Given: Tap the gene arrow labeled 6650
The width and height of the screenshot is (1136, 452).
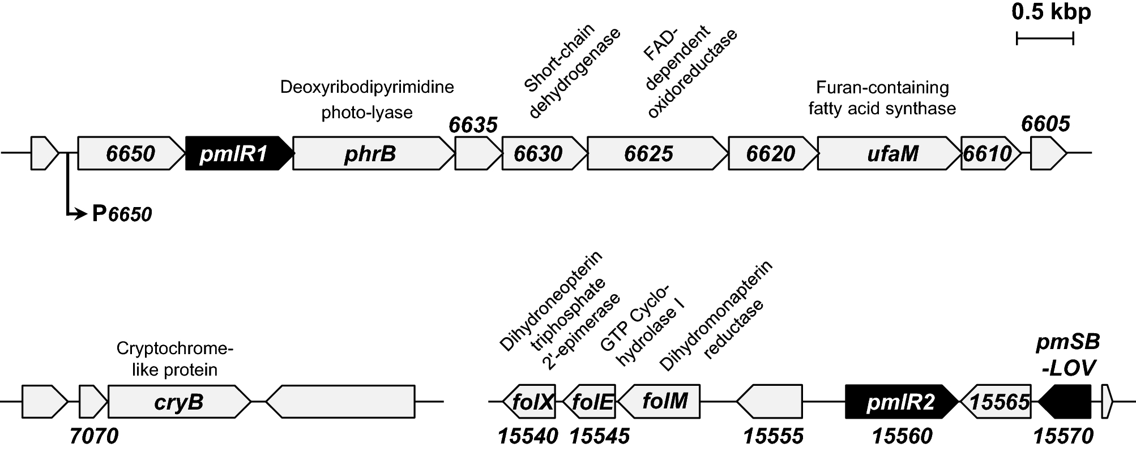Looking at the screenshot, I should pyautogui.click(x=131, y=153).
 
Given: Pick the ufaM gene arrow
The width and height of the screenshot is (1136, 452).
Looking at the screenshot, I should pyautogui.click(x=890, y=153).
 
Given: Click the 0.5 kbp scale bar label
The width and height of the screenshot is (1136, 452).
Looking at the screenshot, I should pyautogui.click(x=1051, y=12).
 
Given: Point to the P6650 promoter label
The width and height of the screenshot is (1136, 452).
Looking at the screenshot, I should pyautogui.click(x=121, y=214).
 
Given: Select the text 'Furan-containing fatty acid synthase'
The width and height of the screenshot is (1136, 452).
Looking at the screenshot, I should pyautogui.click(x=882, y=98).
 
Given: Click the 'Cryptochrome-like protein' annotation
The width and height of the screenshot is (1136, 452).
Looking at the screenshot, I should pyautogui.click(x=174, y=359).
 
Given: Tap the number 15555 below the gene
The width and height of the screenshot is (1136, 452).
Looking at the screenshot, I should pyautogui.click(x=773, y=436).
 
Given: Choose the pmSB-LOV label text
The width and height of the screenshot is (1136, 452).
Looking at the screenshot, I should pyautogui.click(x=1068, y=355).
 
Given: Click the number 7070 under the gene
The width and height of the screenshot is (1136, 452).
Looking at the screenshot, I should pyautogui.click(x=94, y=436).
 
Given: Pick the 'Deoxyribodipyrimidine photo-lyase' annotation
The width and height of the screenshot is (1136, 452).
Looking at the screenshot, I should pyautogui.click(x=367, y=100).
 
